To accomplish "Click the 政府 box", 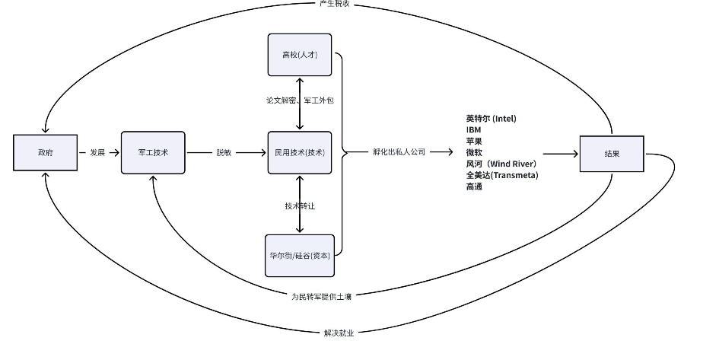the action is tap(46, 153).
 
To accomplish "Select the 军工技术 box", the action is tap(153, 153).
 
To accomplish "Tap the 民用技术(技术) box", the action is tap(300, 153).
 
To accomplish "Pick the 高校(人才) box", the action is tap(300, 55).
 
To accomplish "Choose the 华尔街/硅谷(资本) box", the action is tap(300, 256).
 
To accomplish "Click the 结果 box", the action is tap(612, 154).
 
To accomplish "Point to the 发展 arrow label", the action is tap(97, 153).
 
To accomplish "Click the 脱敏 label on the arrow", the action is tap(224, 153).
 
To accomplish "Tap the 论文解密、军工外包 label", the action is tap(300, 100).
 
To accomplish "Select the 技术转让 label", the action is tap(300, 206).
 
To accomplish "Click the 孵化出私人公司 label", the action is tap(399, 151).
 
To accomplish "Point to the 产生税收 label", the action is tap(335, 4).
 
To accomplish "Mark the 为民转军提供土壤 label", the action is tap(321, 297).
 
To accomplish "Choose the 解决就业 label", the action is tap(339, 333).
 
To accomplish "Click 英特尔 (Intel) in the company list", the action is tap(491, 119).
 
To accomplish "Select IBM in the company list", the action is tap(474, 130).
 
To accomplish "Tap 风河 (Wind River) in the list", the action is tap(501, 164).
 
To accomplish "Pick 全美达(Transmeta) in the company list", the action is tap(502, 175).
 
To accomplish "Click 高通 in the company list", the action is tap(474, 186).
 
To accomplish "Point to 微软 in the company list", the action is tap(474, 152).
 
